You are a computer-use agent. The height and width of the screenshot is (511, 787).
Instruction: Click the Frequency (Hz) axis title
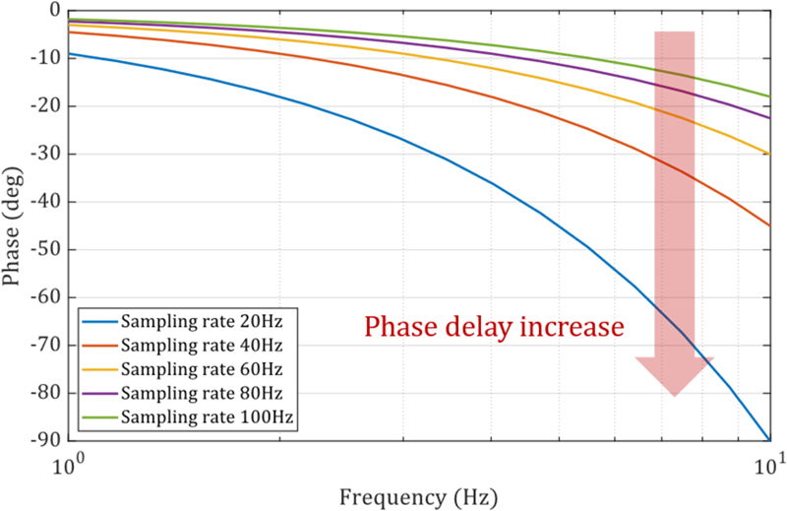pyautogui.click(x=418, y=493)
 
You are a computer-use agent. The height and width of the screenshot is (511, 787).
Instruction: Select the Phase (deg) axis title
pyautogui.click(x=14, y=225)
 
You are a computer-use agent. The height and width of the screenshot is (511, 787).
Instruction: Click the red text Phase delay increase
pyautogui.click(x=495, y=327)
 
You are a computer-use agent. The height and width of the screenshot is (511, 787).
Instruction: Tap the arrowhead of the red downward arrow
pyautogui.click(x=675, y=375)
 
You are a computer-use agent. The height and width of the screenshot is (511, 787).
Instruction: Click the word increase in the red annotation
pyautogui.click(x=574, y=327)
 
